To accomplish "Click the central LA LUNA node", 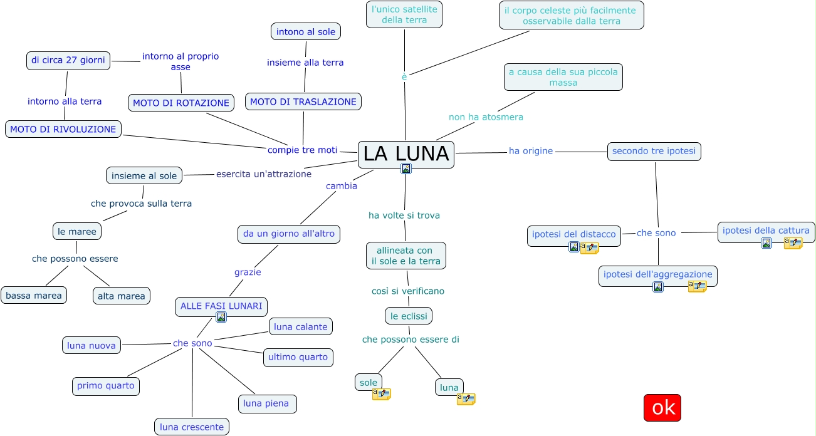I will [405, 153].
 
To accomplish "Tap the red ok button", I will [662, 408].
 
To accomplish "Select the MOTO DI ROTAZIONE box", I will [181, 103].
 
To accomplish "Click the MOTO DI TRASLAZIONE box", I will [303, 101].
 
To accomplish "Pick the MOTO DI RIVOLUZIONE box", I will [63, 129].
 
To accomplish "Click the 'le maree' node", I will [77, 231].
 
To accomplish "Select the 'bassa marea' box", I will [34, 296].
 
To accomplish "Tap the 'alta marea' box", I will [122, 296].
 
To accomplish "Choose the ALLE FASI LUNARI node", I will [221, 306].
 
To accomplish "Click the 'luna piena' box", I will [267, 403].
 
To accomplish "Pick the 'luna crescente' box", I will [192, 427].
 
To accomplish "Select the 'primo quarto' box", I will [106, 386].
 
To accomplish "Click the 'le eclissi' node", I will [409, 316].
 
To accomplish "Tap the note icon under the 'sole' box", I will [381, 394].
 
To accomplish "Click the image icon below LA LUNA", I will [406, 169].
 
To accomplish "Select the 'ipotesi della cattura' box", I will [766, 231].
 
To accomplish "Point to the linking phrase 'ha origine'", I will [531, 151].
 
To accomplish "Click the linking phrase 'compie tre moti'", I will [303, 150].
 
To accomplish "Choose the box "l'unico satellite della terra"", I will [404, 14].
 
